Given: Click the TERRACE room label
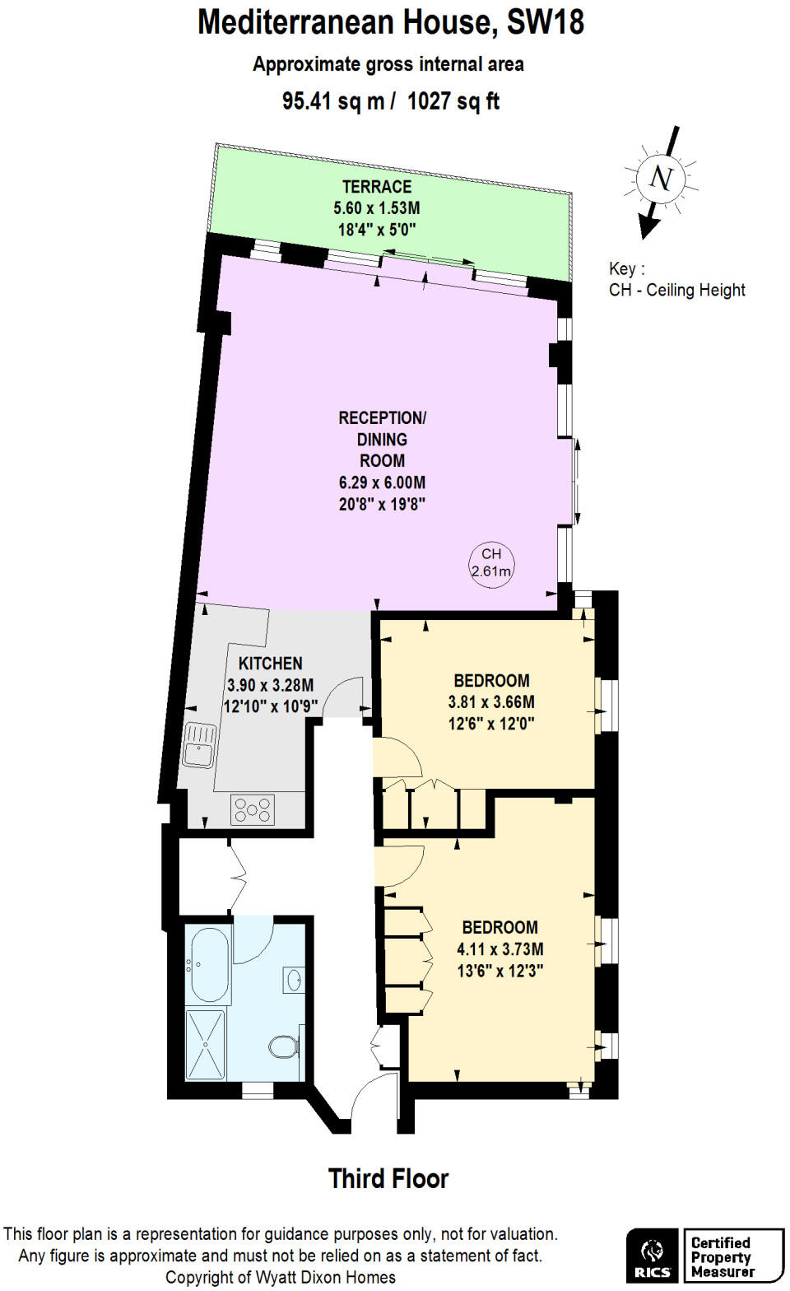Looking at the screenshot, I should [x=377, y=187].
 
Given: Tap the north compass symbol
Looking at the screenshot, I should [x=661, y=179].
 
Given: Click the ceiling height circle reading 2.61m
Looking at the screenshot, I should [x=491, y=563].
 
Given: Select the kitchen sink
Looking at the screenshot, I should [x=199, y=744].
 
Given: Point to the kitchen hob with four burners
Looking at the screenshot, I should [x=253, y=809].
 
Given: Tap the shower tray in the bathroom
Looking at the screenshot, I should [x=205, y=1044].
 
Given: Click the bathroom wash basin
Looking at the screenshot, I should [x=294, y=980].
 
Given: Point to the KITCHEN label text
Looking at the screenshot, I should [x=270, y=664].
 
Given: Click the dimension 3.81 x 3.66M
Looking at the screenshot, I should [x=491, y=702].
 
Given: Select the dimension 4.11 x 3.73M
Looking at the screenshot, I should [x=500, y=949].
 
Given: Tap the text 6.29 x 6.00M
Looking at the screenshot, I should [x=382, y=482].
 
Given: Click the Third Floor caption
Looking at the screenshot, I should [x=388, y=1179].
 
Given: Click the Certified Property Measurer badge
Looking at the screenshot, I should [x=732, y=1256].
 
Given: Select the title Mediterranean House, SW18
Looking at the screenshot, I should [x=391, y=22].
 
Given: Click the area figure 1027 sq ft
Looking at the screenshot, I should [x=453, y=101].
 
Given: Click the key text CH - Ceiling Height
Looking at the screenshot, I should [x=677, y=290].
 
